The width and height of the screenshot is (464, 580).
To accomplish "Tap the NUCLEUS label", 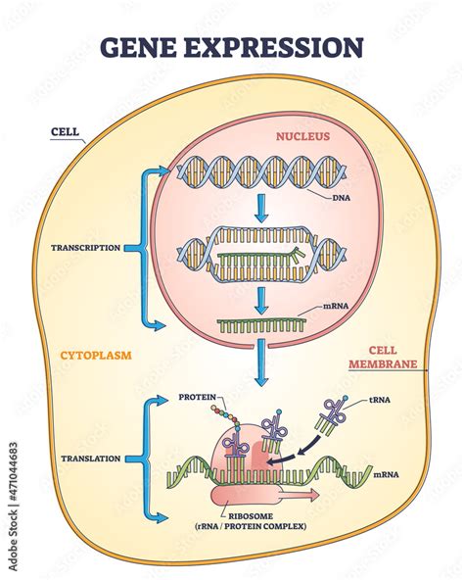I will coord(302,138).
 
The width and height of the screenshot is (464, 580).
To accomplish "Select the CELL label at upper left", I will coord(65,131).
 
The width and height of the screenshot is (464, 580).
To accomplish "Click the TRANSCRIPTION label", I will coord(86,248).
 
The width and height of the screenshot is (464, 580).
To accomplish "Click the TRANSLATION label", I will coord(89,458).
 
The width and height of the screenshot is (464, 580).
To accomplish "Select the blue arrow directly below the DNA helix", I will coord(258,210).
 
